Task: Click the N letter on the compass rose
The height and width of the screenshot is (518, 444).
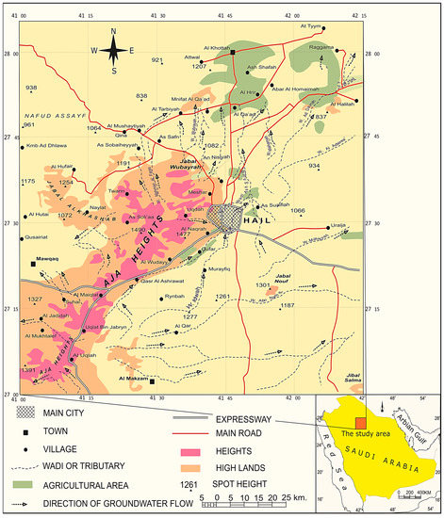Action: (x=113, y=31)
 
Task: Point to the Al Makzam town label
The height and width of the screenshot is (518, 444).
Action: (x=133, y=378)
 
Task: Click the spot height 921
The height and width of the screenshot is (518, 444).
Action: (x=157, y=60)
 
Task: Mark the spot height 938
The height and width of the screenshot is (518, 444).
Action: (x=32, y=89)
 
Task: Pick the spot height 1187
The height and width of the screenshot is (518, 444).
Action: (x=288, y=306)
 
